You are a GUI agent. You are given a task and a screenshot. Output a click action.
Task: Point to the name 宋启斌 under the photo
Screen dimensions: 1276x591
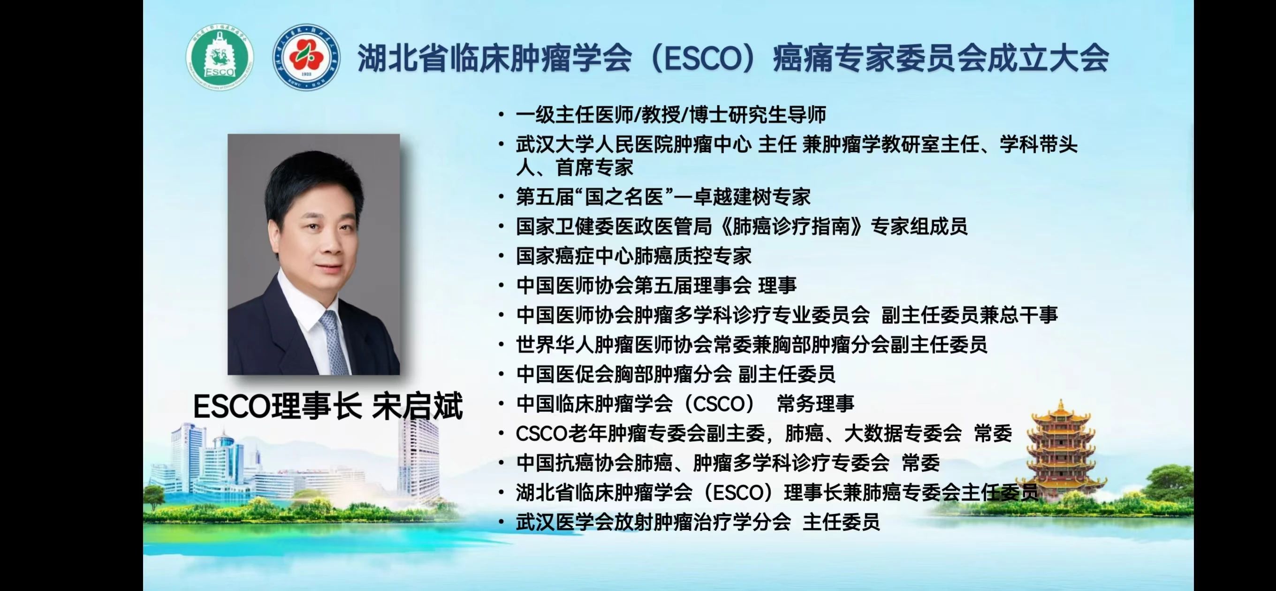click(418, 407)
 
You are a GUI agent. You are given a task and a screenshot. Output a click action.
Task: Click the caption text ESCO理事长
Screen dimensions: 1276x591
click(277, 407)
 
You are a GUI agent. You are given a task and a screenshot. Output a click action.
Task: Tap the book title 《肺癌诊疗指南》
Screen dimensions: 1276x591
click(790, 227)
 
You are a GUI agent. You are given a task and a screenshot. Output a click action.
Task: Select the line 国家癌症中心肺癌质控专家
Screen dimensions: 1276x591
click(633, 256)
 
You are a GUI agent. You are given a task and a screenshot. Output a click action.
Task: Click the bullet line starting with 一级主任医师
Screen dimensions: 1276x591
click(671, 115)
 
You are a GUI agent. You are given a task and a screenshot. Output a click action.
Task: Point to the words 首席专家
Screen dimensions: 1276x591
click(594, 167)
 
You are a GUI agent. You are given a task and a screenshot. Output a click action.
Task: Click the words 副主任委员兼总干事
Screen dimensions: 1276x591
click(969, 315)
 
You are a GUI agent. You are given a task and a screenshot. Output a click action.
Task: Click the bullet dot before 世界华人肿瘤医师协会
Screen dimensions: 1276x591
click(502, 345)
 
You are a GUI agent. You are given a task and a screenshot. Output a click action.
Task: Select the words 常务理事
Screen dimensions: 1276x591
click(815, 404)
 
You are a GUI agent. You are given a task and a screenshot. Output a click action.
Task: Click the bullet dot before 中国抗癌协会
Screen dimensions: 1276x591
click(502, 463)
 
